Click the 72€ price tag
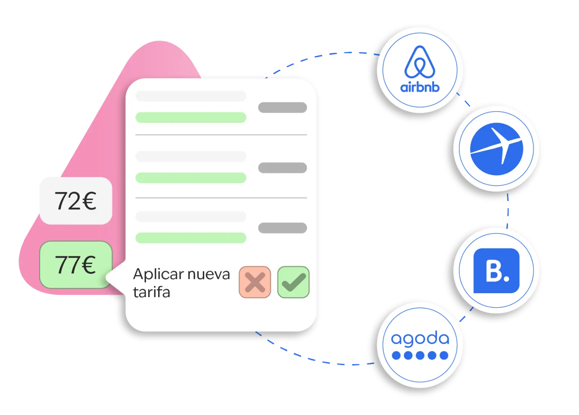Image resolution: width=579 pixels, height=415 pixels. [75, 201]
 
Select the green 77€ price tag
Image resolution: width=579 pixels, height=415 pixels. [75, 265]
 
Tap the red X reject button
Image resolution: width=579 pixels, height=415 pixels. [255, 282]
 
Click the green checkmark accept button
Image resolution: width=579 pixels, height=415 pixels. [293, 282]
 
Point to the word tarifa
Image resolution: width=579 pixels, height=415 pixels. [151, 292]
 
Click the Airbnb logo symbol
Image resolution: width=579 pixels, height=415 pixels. [420, 62]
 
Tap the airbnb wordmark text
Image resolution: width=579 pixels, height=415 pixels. [420, 87]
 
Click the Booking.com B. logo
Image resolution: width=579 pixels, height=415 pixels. [496, 271]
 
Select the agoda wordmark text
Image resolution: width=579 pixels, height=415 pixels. [420, 339]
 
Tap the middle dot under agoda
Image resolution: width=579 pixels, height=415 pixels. [420, 355]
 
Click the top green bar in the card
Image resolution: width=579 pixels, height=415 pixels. [191, 117]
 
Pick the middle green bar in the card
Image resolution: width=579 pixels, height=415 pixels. [191, 177]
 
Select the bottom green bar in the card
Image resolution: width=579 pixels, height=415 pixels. [191, 238]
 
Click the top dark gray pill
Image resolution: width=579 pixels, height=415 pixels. [282, 107]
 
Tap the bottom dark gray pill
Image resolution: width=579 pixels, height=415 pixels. [282, 228]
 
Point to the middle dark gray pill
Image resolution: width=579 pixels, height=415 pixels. [282, 168]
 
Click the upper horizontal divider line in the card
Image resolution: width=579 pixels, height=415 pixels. [221, 135]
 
